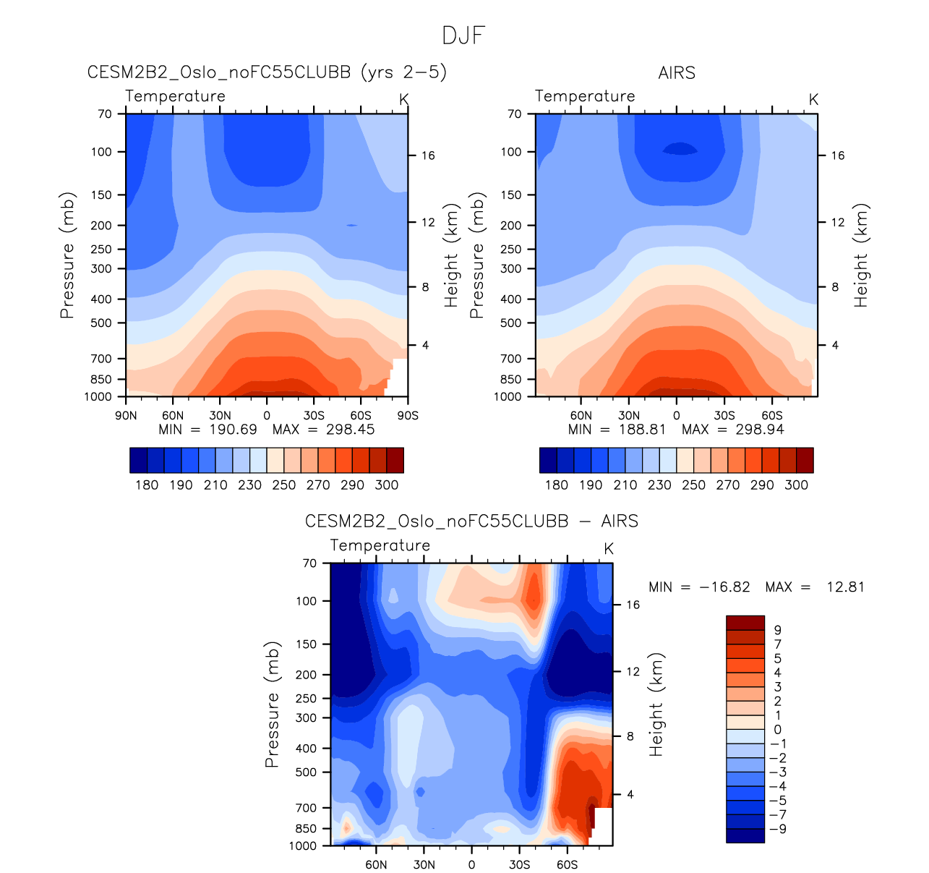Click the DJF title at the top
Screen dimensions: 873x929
[463, 35]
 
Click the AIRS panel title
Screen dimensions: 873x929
[677, 73]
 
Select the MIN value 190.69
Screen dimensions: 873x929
[233, 430]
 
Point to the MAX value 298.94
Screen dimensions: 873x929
[760, 430]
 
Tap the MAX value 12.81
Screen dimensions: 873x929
[845, 587]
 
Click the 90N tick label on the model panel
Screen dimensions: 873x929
[126, 416]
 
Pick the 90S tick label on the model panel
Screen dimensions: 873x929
[408, 416]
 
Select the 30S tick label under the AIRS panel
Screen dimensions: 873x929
[724, 416]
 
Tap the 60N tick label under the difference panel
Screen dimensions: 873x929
[376, 865]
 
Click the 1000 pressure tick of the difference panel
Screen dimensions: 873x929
[304, 846]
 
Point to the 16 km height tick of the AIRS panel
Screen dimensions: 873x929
[837, 156]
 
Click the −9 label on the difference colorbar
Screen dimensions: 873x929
[778, 829]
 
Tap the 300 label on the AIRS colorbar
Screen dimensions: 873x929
[796, 485]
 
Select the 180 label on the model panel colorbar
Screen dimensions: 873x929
[147, 485]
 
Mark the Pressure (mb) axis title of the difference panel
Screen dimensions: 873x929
[272, 704]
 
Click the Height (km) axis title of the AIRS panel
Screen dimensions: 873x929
[860, 255]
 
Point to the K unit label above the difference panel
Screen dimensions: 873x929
[609, 549]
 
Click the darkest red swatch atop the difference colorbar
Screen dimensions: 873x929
[745, 623]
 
